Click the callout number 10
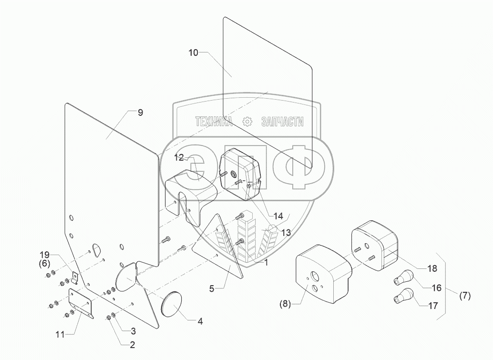(x=193, y=53)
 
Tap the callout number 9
(x=140, y=113)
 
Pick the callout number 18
(x=431, y=268)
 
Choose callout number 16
(x=437, y=288)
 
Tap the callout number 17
(x=433, y=306)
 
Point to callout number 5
(x=212, y=288)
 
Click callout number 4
(x=200, y=321)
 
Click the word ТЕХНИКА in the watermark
(x=213, y=122)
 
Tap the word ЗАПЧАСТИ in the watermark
(x=283, y=122)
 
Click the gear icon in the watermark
(x=247, y=122)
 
